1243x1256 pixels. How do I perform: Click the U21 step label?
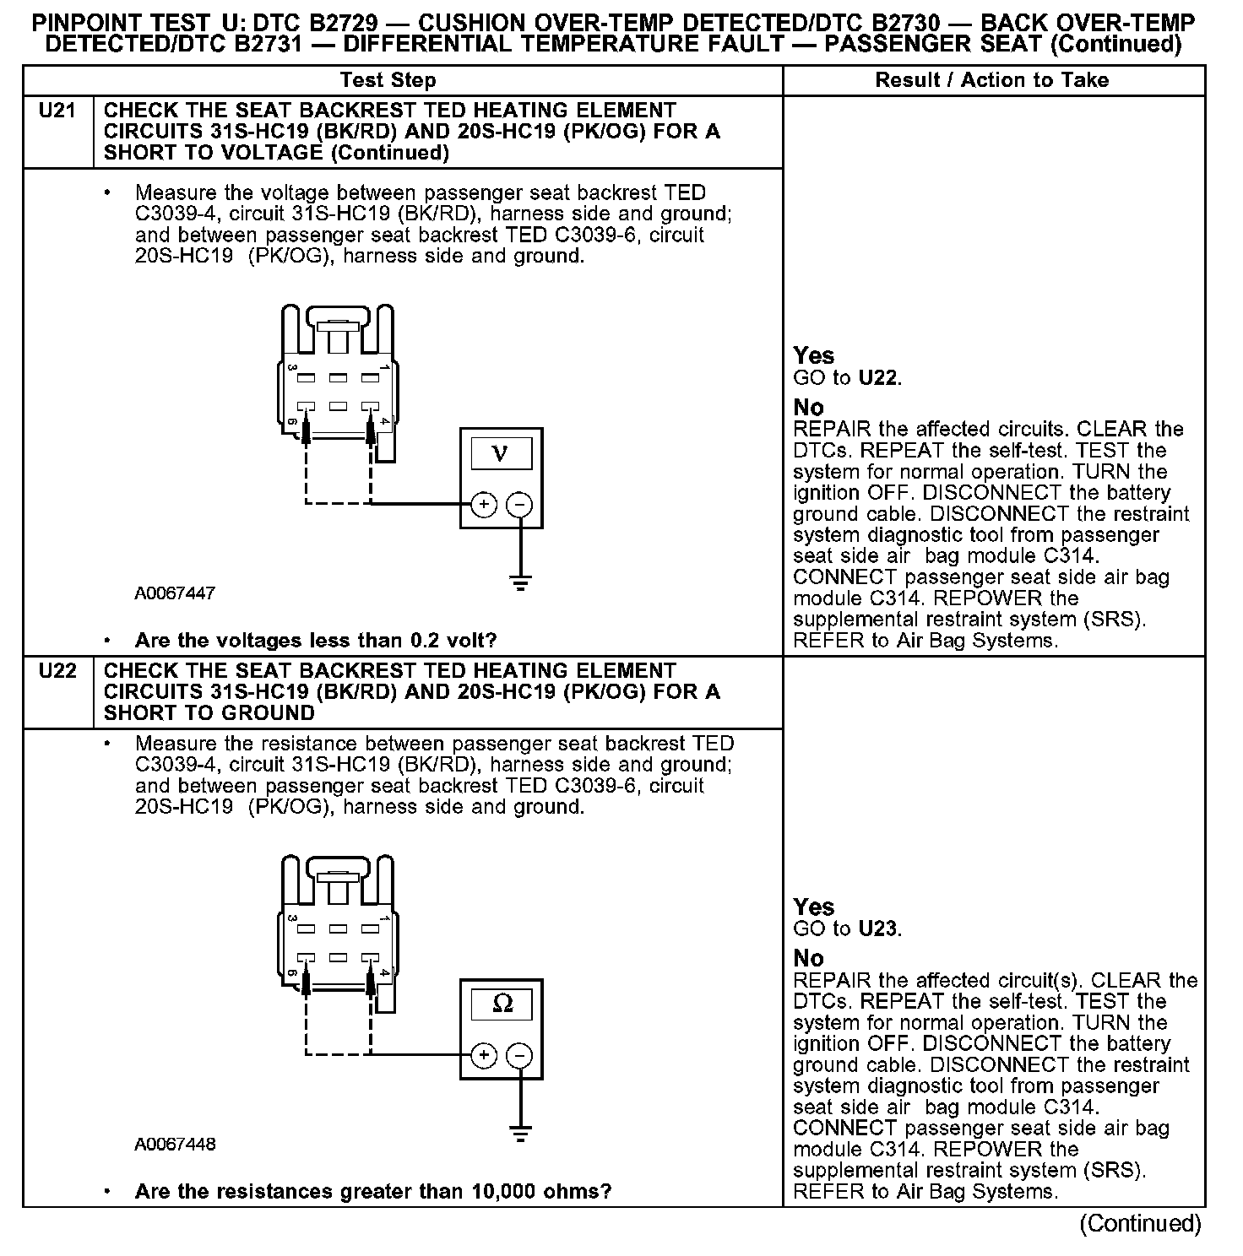(57, 111)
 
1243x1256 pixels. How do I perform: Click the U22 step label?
(57, 671)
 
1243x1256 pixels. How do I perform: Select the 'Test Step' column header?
(388, 81)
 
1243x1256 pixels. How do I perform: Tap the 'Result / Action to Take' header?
(992, 81)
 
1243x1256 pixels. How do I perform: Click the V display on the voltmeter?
(501, 454)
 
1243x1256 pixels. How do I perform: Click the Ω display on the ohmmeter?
(502, 1004)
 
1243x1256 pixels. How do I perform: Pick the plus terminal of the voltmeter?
(484, 505)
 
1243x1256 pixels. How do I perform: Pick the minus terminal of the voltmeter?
(519, 505)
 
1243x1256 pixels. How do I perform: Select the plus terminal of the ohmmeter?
(484, 1055)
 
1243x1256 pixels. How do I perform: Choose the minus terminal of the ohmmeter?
(519, 1055)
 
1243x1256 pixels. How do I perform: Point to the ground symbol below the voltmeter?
(520, 582)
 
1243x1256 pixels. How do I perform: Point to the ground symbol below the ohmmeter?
(520, 1133)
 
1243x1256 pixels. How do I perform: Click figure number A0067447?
(175, 593)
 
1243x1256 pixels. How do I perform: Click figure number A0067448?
(175, 1145)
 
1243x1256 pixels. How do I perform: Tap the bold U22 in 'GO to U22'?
(879, 377)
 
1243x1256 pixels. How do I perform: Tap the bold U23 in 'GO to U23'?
(879, 929)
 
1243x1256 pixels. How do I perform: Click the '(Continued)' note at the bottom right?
(1140, 1224)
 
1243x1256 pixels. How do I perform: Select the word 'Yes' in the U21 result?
(814, 355)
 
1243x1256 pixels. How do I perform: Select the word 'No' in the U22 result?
(808, 958)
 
